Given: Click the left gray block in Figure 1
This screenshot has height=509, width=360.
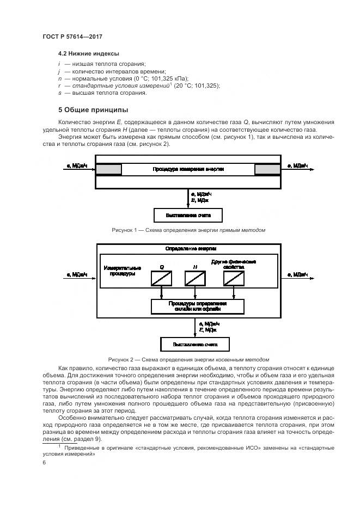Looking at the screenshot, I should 108,170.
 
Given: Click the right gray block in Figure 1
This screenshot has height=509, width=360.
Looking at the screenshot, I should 267,170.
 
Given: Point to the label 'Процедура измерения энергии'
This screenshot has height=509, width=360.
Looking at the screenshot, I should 188,170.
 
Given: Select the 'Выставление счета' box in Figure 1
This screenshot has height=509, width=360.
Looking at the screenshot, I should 188,216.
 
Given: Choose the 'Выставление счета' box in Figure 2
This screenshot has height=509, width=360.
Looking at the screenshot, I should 194,345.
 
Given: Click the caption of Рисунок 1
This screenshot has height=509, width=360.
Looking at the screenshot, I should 188,230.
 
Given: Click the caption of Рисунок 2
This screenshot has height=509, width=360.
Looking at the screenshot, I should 188,359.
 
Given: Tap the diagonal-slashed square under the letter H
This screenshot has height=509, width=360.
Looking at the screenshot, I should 194,278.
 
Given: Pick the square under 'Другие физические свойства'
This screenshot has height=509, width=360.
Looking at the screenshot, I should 234,278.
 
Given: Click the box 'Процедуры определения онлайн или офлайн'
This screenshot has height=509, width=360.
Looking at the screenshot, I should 194,305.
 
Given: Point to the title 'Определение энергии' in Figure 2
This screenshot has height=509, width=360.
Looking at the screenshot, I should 188,248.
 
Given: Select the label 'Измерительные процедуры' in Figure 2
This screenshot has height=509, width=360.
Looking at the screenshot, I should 122,271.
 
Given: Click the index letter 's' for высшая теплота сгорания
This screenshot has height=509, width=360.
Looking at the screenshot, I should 59,93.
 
